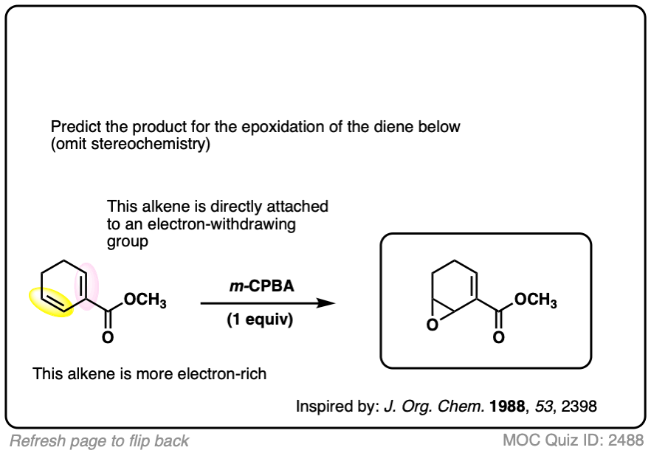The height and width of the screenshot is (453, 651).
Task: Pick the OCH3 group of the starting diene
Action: click(x=145, y=302)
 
